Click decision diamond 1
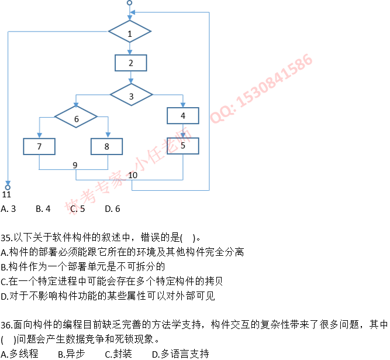(130, 33)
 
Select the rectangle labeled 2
(130, 63)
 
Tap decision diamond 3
(131, 95)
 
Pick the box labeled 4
(183, 116)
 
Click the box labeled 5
(183, 146)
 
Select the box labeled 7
(39, 146)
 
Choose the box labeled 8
(106, 146)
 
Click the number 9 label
(75, 164)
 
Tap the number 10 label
(133, 174)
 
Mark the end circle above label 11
(8, 187)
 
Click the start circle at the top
(129, 4)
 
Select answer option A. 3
(8, 208)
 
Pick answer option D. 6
(112, 208)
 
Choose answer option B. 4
(43, 208)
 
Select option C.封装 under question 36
(118, 354)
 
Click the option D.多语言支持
(180, 354)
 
